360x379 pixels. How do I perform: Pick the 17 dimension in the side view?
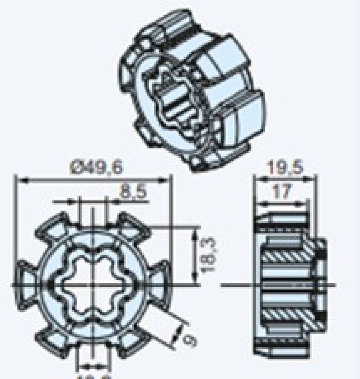pos(281,192)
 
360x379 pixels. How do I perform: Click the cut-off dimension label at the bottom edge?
pos(93,375)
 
